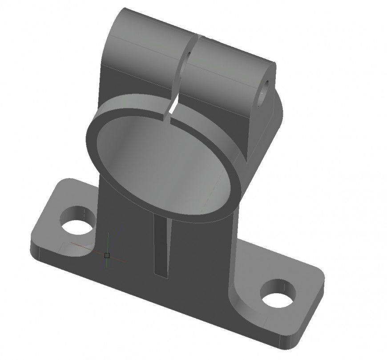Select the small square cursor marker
(x=107, y=255)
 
